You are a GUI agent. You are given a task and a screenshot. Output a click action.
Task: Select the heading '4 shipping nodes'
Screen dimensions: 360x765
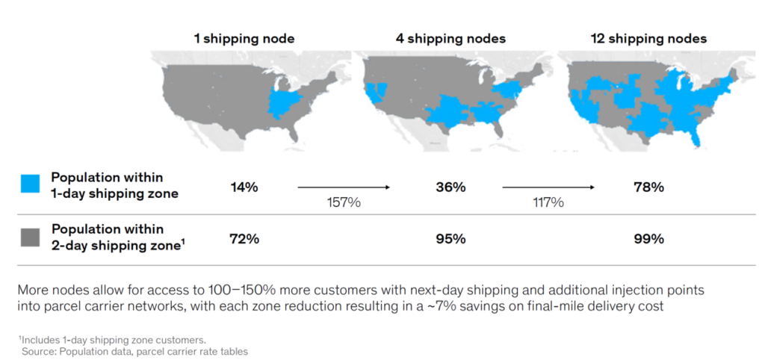[x=450, y=38]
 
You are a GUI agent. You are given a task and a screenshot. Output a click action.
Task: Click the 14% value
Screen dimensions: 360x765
[x=244, y=187]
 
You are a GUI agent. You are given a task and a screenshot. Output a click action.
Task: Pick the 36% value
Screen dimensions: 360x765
[x=450, y=187]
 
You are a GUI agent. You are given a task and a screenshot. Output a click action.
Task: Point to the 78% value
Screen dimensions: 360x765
[x=648, y=187]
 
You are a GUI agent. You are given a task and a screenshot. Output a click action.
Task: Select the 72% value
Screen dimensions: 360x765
[x=244, y=239]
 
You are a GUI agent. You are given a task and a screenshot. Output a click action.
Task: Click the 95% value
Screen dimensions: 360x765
[x=450, y=239]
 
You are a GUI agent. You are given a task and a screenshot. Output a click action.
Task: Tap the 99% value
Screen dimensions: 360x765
[x=648, y=239]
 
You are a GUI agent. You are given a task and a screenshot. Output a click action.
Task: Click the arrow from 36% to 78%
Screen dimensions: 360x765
[x=548, y=187]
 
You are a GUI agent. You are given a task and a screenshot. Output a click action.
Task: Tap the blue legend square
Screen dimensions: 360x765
[x=30, y=184]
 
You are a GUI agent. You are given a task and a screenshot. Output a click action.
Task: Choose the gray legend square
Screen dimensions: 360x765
[x=30, y=237]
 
